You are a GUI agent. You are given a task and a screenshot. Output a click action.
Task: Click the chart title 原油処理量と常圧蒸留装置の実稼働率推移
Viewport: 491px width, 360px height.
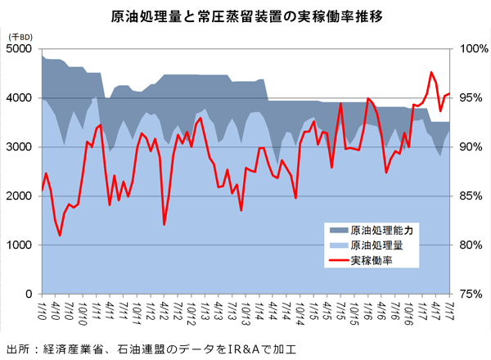tap(245, 16)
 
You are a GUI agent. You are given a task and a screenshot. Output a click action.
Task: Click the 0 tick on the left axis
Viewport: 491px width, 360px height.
tap(30, 295)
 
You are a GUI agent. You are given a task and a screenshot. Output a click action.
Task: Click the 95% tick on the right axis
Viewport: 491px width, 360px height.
tap(472, 98)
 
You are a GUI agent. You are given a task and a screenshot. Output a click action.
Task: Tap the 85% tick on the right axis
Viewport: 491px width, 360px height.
tap(472, 196)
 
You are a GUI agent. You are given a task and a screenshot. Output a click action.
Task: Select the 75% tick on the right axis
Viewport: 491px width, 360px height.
tap(472, 295)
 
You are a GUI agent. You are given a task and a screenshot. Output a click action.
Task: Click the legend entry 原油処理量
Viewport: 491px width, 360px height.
tap(376, 245)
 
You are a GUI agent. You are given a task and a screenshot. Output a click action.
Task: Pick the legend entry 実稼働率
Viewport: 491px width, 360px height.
tap(370, 261)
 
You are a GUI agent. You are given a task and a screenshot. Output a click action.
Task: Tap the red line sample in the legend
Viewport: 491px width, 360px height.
tap(336, 261)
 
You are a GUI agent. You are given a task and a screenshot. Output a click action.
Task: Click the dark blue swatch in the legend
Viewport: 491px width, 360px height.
tap(336, 230)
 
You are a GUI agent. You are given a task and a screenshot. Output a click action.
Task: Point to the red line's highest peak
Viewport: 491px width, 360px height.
tap(431, 73)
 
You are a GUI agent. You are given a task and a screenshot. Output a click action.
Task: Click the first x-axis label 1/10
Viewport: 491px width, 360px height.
tap(40, 311)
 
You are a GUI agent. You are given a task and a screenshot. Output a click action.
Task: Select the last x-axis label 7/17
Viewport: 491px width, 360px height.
tap(449, 311)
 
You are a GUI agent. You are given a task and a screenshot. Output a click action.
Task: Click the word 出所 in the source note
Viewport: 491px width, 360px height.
tap(16, 348)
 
